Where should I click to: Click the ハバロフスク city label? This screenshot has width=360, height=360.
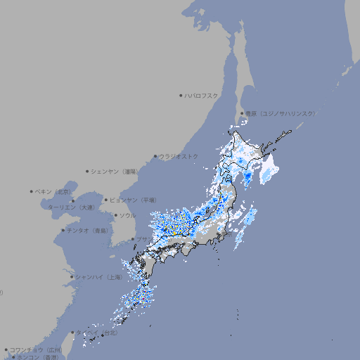coord(202,95)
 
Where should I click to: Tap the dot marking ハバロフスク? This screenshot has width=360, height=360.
coord(181,95)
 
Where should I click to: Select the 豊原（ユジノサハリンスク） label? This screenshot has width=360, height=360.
coord(281,113)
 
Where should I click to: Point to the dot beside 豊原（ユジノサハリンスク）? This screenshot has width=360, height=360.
coord(243,113)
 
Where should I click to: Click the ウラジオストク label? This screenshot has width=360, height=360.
coord(179,156)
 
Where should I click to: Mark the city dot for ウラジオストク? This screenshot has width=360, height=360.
coord(155,156)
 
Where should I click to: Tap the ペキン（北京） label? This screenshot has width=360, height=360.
coord(53,191)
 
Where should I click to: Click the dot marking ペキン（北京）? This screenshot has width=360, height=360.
coord(32,191)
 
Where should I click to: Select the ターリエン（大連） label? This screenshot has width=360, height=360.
coord(70,207)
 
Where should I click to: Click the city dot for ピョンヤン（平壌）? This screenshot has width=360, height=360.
coord(107,200)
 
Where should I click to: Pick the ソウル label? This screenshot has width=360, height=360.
coord(127,215)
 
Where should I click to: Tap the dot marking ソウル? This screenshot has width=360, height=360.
coord(114,215)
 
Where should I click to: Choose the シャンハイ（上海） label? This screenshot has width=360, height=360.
coord(98,277)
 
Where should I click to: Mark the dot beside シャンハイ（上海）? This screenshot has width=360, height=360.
coord(72,277)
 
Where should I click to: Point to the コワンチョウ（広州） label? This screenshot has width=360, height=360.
coord(35,349)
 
